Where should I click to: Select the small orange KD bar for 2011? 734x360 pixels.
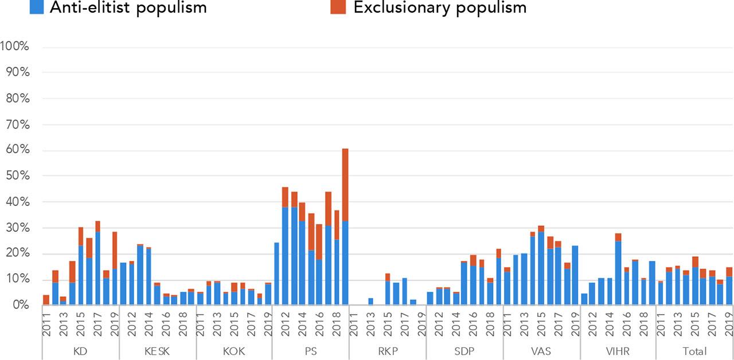pos(46,300)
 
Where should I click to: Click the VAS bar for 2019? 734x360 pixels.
pos(576,275)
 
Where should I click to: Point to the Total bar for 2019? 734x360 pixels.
pos(729,286)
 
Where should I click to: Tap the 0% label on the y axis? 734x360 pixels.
pos(19,306)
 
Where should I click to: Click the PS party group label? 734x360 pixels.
pos(310,351)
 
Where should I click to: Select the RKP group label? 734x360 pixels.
pos(387,351)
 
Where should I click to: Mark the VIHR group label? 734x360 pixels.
pos(618,351)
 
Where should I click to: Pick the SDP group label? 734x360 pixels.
pos(464,351)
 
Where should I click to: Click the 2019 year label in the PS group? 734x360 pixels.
pos(345,324)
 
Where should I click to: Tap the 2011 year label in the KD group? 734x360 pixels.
pos(46,324)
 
